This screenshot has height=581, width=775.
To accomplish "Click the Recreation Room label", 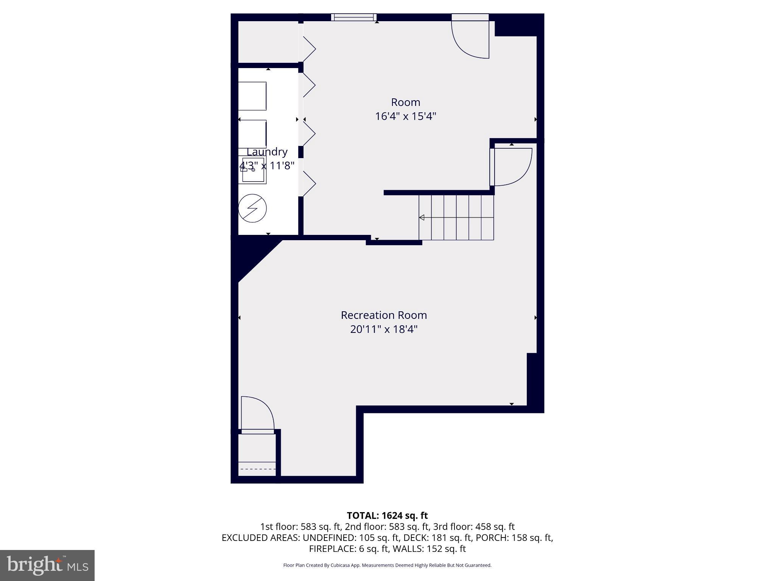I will pos(384,315).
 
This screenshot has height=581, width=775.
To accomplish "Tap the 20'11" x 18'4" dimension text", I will pos(384,329).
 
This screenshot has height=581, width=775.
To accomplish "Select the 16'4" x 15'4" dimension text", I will pos(405,116).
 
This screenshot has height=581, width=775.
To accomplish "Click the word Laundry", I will pos(267,152).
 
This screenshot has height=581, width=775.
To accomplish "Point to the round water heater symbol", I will pos(252,208).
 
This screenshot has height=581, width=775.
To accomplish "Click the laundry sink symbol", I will pos(253,170).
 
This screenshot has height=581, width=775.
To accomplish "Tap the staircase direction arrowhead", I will pos(422,217).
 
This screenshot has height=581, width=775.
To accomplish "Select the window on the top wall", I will pos(354,17).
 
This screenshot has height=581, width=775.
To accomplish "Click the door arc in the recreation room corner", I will pos(258,412).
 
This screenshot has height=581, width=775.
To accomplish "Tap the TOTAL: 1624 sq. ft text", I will pos(387,516).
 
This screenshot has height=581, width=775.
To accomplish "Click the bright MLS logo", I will pos(47,565).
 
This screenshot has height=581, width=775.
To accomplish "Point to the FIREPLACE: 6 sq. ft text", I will pos(349,548).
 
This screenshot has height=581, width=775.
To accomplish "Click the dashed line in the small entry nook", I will pos(258,469).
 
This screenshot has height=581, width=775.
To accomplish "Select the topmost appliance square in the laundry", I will pos(252,96).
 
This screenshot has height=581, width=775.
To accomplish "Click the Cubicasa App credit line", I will pos(387,565).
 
